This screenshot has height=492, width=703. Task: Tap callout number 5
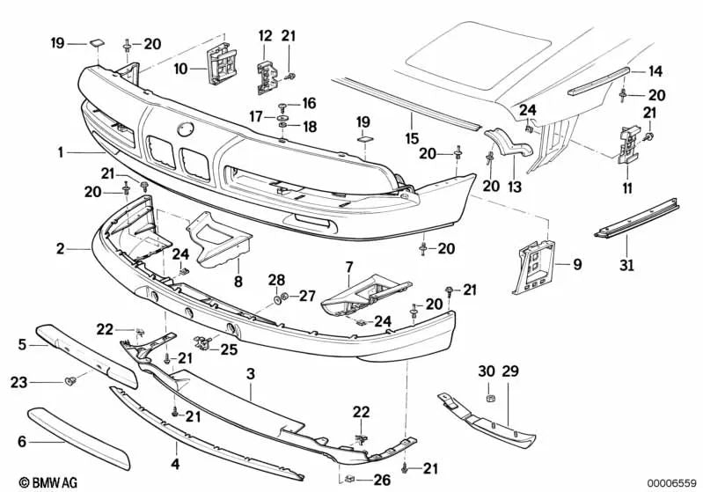coord(22,346)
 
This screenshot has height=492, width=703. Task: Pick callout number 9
coord(577,263)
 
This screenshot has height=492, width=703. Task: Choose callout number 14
coord(655,71)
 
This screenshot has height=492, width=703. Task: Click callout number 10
coord(180,68)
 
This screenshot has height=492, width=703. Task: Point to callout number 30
coord(485,371)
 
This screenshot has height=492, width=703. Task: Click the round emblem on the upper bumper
coord(186,129)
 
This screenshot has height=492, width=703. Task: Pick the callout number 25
coord(230,349)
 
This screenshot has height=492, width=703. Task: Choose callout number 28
coord(276,280)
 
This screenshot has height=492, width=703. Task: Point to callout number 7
coord(348,266)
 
